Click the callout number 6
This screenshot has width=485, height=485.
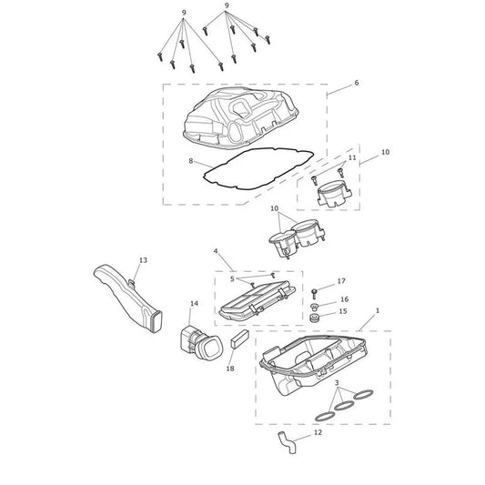click(x=357, y=83)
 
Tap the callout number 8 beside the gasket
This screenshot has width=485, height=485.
click(x=191, y=161)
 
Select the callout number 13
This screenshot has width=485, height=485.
click(x=143, y=260)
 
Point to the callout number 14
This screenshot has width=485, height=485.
click(x=194, y=303)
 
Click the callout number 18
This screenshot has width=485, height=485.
click(x=230, y=369)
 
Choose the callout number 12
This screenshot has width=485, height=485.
click(x=318, y=432)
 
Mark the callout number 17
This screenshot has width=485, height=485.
click(x=341, y=281)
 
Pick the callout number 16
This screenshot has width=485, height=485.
click(x=344, y=299)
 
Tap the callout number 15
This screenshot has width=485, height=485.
click(x=343, y=311)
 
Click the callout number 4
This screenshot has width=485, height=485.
click(x=216, y=251)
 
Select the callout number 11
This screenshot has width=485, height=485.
click(x=352, y=157)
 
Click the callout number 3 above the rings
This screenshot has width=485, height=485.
click(x=337, y=382)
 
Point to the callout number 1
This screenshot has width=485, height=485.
click(x=377, y=310)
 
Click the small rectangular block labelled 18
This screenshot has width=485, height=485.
click(x=239, y=339)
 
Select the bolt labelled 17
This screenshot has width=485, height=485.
click(x=314, y=294)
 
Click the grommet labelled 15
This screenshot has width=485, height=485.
click(x=314, y=318)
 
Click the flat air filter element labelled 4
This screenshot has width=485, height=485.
click(x=257, y=301)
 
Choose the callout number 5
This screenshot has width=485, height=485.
click(x=232, y=279)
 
